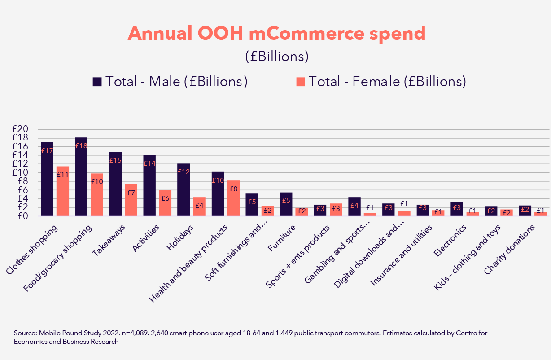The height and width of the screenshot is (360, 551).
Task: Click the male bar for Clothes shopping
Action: (47, 179)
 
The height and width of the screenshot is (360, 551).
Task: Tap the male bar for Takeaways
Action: (115, 184)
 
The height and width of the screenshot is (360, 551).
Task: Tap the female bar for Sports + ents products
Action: (336, 210)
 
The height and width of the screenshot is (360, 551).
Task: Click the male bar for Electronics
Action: (456, 209)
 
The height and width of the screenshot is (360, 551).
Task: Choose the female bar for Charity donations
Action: (541, 214)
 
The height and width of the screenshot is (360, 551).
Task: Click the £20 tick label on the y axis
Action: (21, 129)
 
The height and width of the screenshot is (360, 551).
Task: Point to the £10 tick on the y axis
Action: (21, 173)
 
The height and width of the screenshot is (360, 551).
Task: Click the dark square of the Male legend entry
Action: (97, 82)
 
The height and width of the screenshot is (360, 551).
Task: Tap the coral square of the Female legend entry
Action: (300, 82)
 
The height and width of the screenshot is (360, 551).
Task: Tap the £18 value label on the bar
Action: (81, 146)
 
